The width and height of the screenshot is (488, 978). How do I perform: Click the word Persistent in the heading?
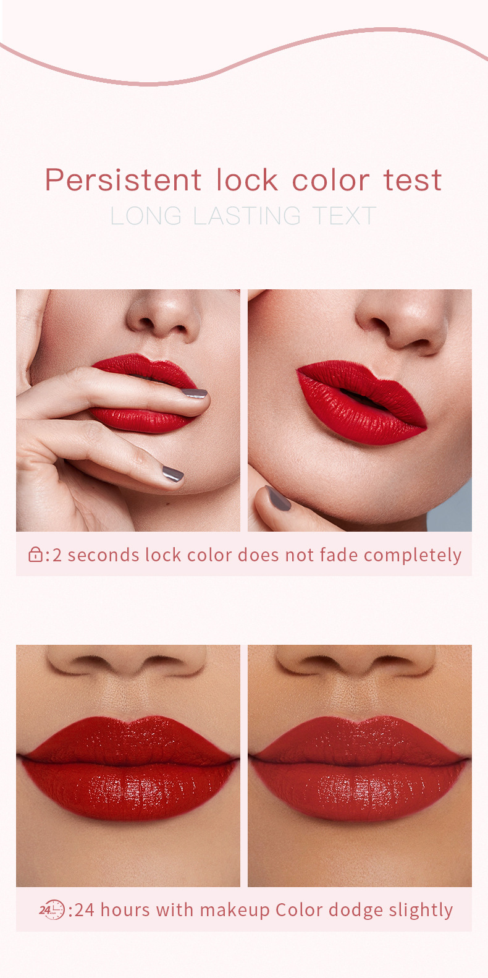point(124,180)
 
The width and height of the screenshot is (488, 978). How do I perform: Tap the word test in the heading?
point(413,181)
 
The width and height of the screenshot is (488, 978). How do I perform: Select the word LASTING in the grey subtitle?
point(247,216)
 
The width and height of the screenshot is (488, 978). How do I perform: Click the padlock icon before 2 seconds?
point(35,555)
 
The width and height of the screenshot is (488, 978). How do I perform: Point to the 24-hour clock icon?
point(51,909)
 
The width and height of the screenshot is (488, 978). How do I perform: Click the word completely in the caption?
point(413,556)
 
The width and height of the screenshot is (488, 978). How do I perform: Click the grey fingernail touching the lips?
point(195,393)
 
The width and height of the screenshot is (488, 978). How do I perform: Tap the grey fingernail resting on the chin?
point(173,474)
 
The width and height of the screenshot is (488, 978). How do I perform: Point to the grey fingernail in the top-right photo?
point(278,498)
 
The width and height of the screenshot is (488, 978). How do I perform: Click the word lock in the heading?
point(247,180)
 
